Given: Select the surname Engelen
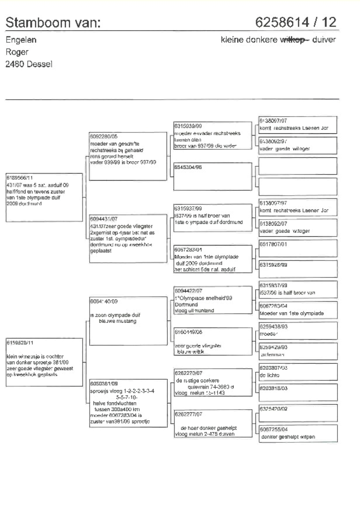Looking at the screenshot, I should click(x=21, y=40).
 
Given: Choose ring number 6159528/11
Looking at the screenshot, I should click(x=19, y=342).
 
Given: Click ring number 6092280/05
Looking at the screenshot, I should click(x=102, y=137).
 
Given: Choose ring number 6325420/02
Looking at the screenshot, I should click(x=272, y=409).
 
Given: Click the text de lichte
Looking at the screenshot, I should click(x=270, y=375).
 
